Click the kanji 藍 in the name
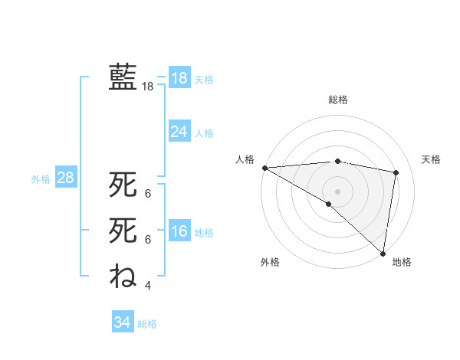[x=123, y=77]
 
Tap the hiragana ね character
[x=123, y=276]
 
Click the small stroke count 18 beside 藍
[x=148, y=87]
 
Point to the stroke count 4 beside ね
[x=148, y=286]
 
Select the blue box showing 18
[x=179, y=78]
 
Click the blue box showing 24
[x=179, y=132]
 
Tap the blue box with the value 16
[x=179, y=232]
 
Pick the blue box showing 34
[x=122, y=322]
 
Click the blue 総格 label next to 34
[x=147, y=324]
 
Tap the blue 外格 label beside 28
[x=41, y=179]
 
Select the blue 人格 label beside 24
[x=204, y=133]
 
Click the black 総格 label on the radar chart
[x=337, y=100]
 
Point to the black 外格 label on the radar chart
[x=270, y=262]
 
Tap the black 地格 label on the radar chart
[x=402, y=262]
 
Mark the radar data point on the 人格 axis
[x=264, y=168]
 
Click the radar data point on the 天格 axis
[x=396, y=172]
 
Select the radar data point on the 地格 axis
[x=382, y=252]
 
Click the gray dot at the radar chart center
[x=337, y=191]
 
